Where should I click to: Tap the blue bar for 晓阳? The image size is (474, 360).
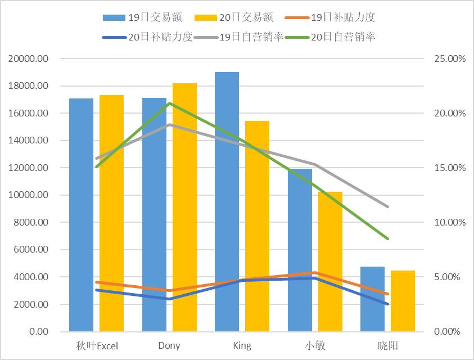[x=372, y=299]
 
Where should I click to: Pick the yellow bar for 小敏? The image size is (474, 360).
[x=330, y=262]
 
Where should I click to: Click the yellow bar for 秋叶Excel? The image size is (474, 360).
[x=111, y=213]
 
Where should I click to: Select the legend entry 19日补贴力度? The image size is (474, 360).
[x=342, y=18]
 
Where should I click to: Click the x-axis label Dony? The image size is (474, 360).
[x=169, y=345]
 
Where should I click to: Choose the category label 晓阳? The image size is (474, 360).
[x=388, y=345]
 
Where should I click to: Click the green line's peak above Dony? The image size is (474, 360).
[x=169, y=103]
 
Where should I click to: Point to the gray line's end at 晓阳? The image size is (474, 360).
[x=388, y=206]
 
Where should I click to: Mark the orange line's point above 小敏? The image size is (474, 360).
[x=315, y=273]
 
